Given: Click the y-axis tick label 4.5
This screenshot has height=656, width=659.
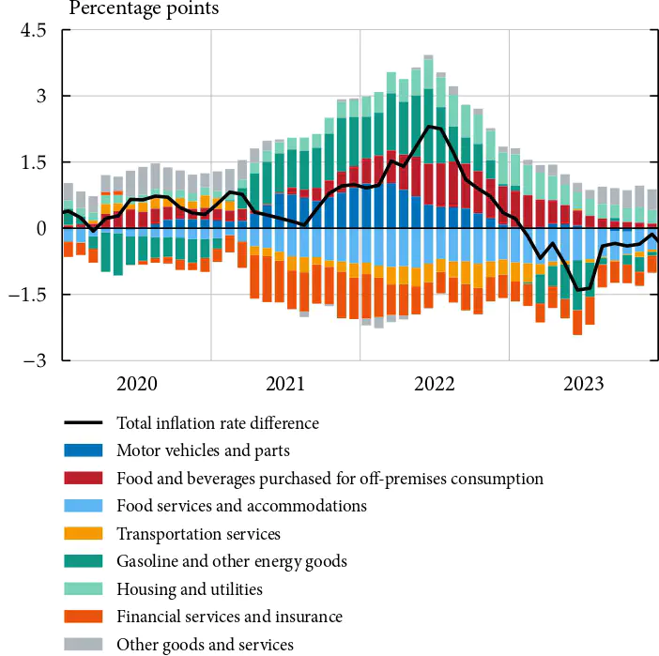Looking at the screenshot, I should click(33, 30).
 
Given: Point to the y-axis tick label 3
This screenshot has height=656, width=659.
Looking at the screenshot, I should click(39, 96).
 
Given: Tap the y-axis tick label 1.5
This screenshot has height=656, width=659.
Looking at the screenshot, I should click(33, 162).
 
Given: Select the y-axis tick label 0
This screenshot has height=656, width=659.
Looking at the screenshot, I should click(39, 228).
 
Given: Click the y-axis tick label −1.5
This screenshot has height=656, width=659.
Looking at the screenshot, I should click(28, 295).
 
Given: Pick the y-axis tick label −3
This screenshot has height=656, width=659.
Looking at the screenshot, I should click(35, 360).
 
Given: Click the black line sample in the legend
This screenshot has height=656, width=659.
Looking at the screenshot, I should click(84, 423).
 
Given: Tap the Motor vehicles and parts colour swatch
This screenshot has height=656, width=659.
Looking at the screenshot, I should click(84, 451).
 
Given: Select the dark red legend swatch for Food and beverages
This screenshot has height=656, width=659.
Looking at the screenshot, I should click(84, 479).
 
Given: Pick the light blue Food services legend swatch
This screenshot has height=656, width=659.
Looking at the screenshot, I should click(84, 507).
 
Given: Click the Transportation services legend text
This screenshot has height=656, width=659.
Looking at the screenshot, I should click(198, 534).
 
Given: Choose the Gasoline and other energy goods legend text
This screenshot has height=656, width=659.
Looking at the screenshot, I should click(232, 561).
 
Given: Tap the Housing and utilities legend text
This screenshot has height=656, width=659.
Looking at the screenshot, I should click(190, 589).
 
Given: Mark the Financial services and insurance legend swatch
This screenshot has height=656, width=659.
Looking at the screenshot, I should click(84, 617).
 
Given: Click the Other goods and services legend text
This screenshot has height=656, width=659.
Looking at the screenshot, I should click(205, 645).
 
